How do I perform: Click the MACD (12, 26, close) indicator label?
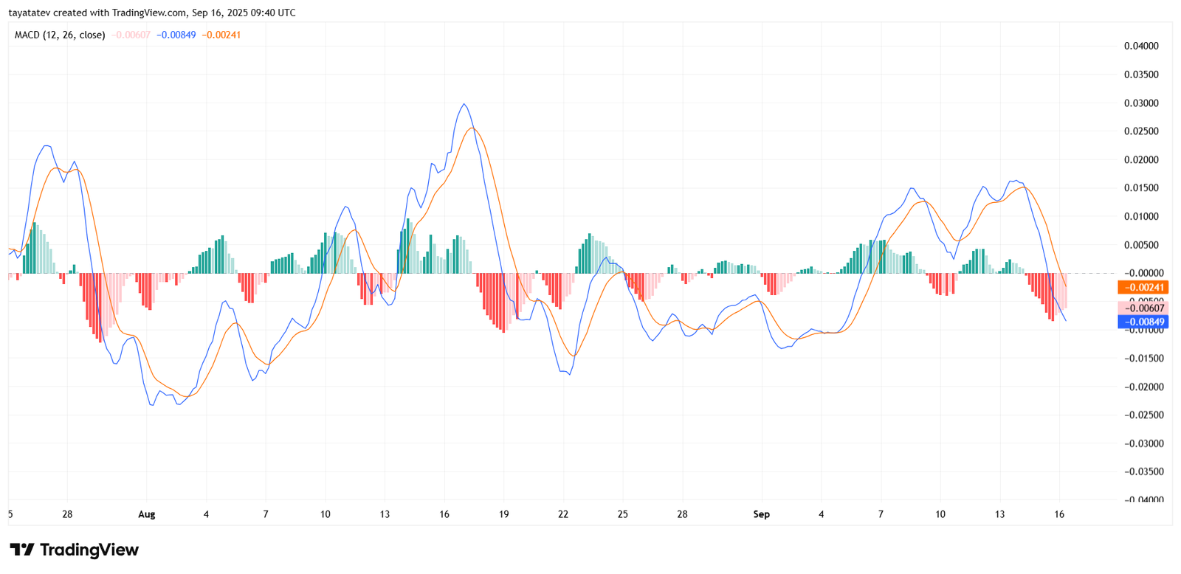click(60, 35)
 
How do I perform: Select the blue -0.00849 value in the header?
click(176, 35)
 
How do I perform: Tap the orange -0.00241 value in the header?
click(221, 35)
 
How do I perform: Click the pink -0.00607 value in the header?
click(131, 35)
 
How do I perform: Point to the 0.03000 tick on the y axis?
click(1141, 103)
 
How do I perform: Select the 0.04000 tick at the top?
click(1141, 46)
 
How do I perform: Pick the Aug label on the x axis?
click(147, 514)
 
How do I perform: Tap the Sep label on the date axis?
click(761, 514)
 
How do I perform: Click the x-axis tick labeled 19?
click(503, 514)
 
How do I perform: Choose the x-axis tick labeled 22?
click(563, 514)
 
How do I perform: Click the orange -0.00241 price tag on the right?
click(1143, 288)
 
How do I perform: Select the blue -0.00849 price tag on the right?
click(1143, 322)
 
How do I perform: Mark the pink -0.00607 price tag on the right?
click(1143, 308)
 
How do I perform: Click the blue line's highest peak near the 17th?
click(464, 104)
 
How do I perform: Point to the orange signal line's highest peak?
click(472, 128)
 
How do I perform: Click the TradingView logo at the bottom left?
click(74, 550)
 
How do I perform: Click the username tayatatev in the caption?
click(30, 13)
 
